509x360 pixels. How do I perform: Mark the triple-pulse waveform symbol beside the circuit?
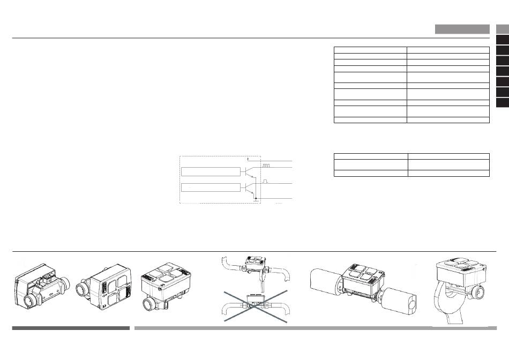coord(266,166)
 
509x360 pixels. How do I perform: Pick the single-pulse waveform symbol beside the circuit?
coord(265,182)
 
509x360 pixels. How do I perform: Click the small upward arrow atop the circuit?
coord(248,159)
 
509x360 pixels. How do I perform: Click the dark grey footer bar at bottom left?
coord(71,328)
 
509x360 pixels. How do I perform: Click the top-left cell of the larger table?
coord(370,49)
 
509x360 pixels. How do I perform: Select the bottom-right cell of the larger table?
coord(448,120)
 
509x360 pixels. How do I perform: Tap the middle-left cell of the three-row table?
coord(370,164)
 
